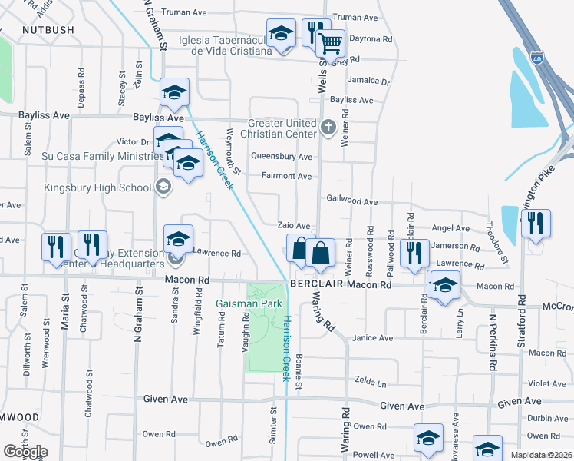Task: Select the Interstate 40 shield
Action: [537, 58]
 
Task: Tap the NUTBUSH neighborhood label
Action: [48, 30]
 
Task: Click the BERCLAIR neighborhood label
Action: [315, 284]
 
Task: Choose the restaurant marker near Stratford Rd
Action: [536, 223]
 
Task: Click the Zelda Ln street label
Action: [370, 381]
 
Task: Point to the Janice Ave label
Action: [372, 338]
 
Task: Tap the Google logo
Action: [25, 452]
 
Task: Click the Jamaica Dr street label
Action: [368, 81]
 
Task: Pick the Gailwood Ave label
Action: [352, 201]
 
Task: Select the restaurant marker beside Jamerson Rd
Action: [414, 253]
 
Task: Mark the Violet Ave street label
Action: [546, 384]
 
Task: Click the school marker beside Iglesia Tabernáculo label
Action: [281, 34]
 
